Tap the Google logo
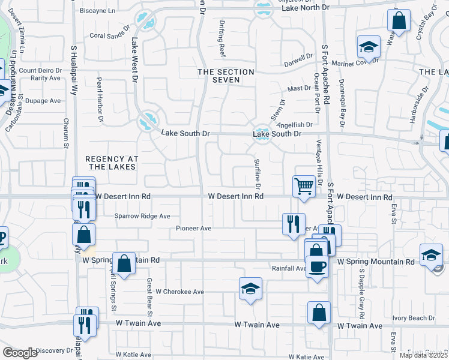point(20,353)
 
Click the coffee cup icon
point(317,265)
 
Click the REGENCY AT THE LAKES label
point(112,163)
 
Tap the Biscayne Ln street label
point(97,11)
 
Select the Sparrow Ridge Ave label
point(143,216)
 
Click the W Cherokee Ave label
point(180,292)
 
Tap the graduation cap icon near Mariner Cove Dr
point(369,46)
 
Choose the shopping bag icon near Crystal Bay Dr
point(398,21)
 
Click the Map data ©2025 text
point(423,355)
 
